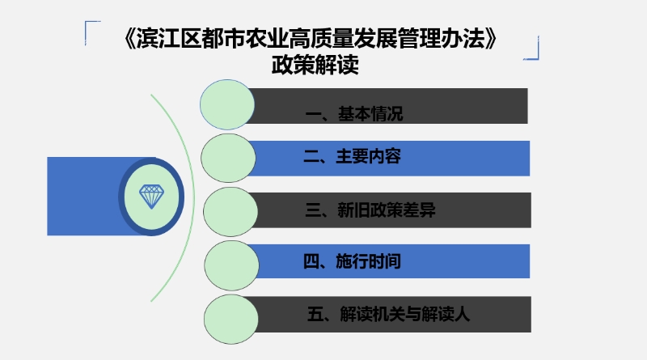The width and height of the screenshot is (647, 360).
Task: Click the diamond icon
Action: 151,197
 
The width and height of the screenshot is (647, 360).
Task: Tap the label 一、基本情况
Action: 354,113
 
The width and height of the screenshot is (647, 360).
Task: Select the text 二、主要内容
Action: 352,156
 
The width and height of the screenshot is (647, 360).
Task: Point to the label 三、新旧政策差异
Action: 370,210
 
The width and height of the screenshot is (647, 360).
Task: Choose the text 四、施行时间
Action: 352,261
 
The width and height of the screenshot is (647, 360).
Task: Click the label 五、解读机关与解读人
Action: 388,314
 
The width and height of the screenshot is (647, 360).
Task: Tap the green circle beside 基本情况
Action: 227,104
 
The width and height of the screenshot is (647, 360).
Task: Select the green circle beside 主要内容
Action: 228,158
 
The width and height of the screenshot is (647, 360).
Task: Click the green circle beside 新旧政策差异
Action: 230,211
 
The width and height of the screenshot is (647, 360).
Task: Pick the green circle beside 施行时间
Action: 231,265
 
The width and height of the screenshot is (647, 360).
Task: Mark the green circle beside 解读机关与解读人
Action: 231,319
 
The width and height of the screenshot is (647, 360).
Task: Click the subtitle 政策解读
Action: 315,65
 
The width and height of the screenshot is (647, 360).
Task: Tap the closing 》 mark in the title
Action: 492,39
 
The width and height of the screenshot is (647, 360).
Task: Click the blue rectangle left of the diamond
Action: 83,196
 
